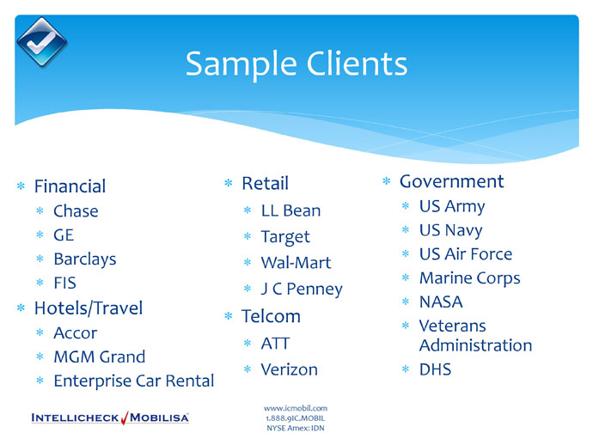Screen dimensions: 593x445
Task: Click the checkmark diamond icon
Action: pyautogui.click(x=42, y=42)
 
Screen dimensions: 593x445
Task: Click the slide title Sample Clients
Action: pyautogui.click(x=296, y=64)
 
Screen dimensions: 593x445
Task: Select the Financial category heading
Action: pyautogui.click(x=70, y=186)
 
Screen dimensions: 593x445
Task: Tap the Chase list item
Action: pyautogui.click(x=76, y=211)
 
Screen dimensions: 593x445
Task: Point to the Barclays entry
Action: pyautogui.click(x=85, y=259)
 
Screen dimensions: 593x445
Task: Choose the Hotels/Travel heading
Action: pyautogui.click(x=89, y=308)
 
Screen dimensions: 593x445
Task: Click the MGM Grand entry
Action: pyautogui.click(x=100, y=357)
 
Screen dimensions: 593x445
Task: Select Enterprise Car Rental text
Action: pyautogui.click(x=134, y=381)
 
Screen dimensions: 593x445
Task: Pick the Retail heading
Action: pyautogui.click(x=265, y=183)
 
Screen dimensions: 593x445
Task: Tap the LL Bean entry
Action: pyautogui.click(x=290, y=210)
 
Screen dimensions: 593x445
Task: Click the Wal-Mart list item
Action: pyautogui.click(x=296, y=263)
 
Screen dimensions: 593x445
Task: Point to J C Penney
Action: pyautogui.click(x=302, y=290)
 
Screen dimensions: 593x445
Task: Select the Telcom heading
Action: pyautogui.click(x=271, y=316)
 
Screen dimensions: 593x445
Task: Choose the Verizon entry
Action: pyautogui.click(x=290, y=369)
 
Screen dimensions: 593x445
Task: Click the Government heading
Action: pyautogui.click(x=451, y=181)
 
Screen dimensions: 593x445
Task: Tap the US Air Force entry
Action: pyautogui.click(x=466, y=254)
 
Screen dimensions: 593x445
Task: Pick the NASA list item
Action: pyautogui.click(x=441, y=302)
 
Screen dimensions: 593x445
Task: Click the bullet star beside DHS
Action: pyautogui.click(x=406, y=369)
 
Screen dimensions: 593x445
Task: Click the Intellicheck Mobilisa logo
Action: pyautogui.click(x=110, y=418)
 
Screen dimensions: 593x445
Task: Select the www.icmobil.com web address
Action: pyautogui.click(x=296, y=408)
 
